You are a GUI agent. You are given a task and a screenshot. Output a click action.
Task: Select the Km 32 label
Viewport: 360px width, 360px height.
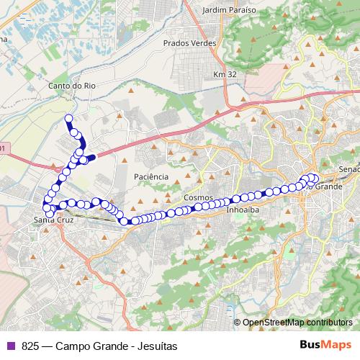(x=224, y=74)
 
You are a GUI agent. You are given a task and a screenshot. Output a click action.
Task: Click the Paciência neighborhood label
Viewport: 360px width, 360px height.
(x=151, y=176)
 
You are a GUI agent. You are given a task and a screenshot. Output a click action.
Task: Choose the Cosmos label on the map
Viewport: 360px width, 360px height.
(x=198, y=197)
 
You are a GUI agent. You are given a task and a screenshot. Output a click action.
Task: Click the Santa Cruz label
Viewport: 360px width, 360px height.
(x=54, y=220)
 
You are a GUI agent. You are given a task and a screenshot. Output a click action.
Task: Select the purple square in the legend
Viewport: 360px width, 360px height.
(x=11, y=346)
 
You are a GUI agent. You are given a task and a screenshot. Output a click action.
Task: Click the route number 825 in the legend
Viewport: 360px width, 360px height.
(x=30, y=346)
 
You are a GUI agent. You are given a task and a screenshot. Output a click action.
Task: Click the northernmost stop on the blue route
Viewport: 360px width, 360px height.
(x=69, y=118)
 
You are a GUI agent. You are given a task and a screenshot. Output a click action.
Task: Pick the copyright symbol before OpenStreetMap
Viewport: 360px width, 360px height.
(x=237, y=323)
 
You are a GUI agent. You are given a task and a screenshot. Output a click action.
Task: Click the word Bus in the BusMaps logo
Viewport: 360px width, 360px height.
(x=310, y=345)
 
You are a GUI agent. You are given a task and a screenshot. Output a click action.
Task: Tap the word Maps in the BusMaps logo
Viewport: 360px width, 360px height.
(x=335, y=345)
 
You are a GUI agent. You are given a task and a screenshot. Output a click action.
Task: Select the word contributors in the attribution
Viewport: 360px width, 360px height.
(x=328, y=323)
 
